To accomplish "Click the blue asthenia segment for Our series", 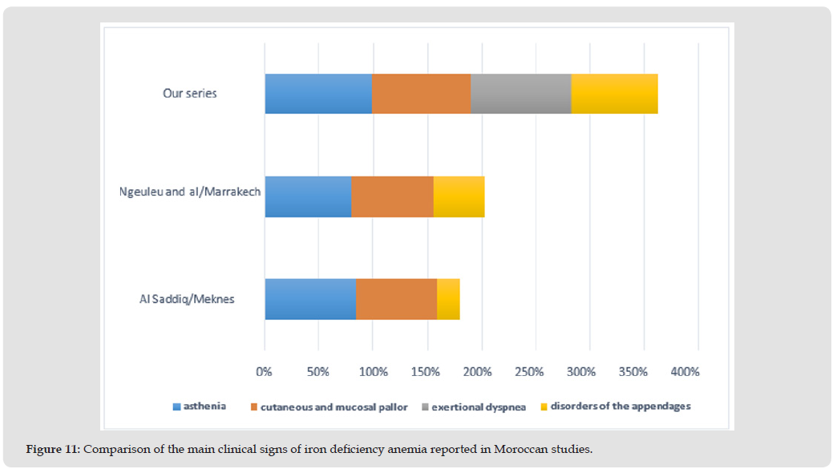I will pyautogui.click(x=318, y=94).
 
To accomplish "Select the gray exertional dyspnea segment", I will pyautogui.click(x=520, y=94).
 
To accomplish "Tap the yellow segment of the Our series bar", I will pyautogui.click(x=614, y=94).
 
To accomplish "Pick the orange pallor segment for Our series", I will pyautogui.click(x=421, y=94).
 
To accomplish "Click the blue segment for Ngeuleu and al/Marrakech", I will pyautogui.click(x=308, y=196).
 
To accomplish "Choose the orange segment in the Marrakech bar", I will pyautogui.click(x=392, y=196).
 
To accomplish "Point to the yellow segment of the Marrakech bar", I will pyautogui.click(x=459, y=196).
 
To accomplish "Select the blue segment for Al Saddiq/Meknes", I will pyautogui.click(x=310, y=299).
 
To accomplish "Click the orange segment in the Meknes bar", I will pyautogui.click(x=396, y=299).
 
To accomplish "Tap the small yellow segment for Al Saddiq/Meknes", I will pyautogui.click(x=448, y=299).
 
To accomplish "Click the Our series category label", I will pyautogui.click(x=190, y=93).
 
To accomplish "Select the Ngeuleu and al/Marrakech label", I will pyautogui.click(x=190, y=192).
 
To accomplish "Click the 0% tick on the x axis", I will pyautogui.click(x=265, y=372).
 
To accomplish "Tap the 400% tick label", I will pyautogui.click(x=685, y=372).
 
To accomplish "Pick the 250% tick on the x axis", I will pyautogui.click(x=529, y=372).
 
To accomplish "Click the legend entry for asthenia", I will pyautogui.click(x=204, y=406).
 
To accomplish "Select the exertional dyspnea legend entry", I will pyautogui.click(x=478, y=407).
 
